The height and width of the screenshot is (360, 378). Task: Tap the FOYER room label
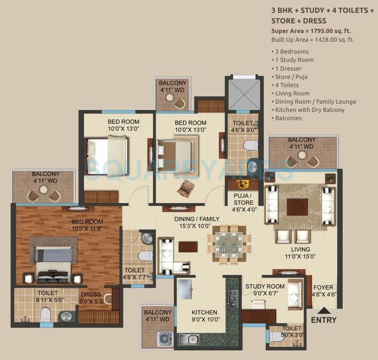pyautogui.click(x=323, y=291)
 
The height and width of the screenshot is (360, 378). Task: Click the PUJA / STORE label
pyautogui.click(x=243, y=202)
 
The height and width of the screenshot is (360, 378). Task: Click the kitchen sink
pyautogui.click(x=189, y=339)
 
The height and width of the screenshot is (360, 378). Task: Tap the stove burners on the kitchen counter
pyautogui.click(x=231, y=298)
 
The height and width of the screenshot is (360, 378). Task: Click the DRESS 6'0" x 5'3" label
pyautogui.click(x=91, y=298)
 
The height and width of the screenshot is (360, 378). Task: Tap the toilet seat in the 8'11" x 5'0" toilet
pyautogui.click(x=45, y=314)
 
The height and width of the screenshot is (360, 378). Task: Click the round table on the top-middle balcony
pyautogui.click(x=170, y=98)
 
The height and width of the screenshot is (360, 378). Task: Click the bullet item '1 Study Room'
pyautogui.click(x=294, y=60)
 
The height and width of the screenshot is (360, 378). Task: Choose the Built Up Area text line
pyautogui.click(x=312, y=40)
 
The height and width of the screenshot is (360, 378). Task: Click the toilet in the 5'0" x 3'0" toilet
pyautogui.click(x=276, y=337)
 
